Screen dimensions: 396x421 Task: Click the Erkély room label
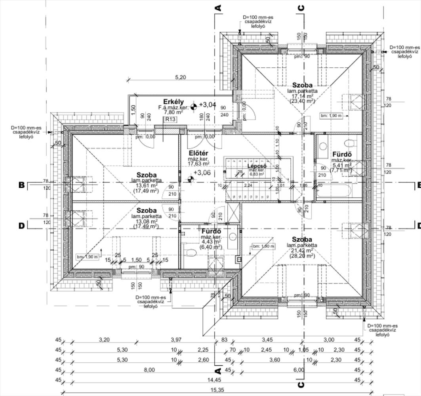pyautogui.click(x=173, y=102)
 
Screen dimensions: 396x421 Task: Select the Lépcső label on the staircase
pyautogui.click(x=257, y=166)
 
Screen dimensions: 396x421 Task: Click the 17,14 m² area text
pyautogui.click(x=302, y=96)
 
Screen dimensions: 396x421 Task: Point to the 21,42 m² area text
pyautogui.click(x=302, y=250)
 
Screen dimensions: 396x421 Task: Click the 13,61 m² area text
pyautogui.click(x=147, y=185)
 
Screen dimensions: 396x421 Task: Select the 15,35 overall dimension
pyautogui.click(x=217, y=390)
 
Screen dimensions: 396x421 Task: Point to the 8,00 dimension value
pyautogui.click(x=149, y=370)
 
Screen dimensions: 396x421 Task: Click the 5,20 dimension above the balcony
pyautogui.click(x=180, y=78)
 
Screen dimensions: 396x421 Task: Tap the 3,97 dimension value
pyautogui.click(x=176, y=340)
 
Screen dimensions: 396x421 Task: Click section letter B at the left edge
pyautogui.click(x=21, y=185)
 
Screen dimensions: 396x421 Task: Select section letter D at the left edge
pyautogui.click(x=21, y=226)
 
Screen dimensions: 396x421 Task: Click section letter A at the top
pyautogui.click(x=217, y=8)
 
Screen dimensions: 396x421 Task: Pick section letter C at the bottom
pyautogui.click(x=301, y=385)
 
